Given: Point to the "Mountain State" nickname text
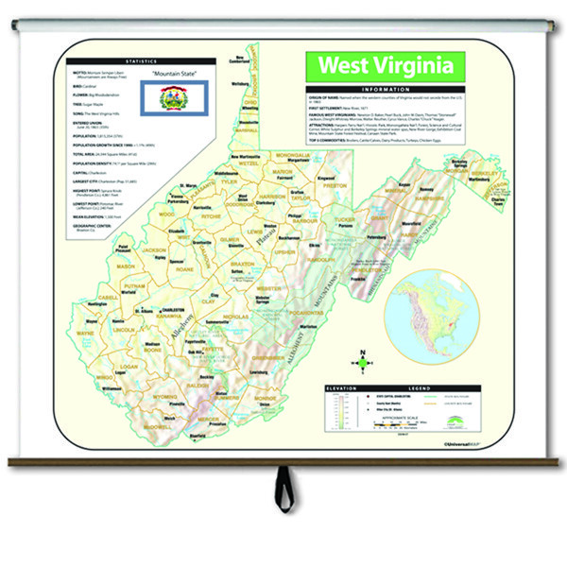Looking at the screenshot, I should coord(171,73).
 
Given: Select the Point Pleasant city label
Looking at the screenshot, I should coord(124,249).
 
